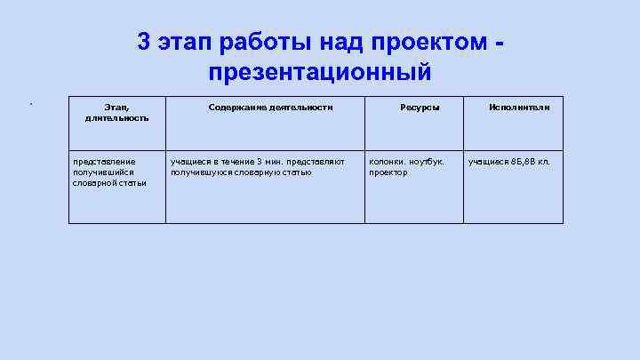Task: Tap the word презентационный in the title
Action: pos(320,72)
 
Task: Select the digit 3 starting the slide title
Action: pos(145,42)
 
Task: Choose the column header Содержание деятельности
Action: pos(270,107)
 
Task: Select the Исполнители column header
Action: pos(519,107)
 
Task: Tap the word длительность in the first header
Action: pos(111,117)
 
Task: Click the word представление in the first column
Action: pos(104,162)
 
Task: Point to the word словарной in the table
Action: pos(92,183)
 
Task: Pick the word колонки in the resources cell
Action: pos(387,162)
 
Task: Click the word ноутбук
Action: pos(426,162)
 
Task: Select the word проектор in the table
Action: pos(388,172)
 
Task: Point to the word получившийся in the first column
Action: pos(103,172)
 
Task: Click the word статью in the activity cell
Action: pos(297,172)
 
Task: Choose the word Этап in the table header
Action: pos(104,107)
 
